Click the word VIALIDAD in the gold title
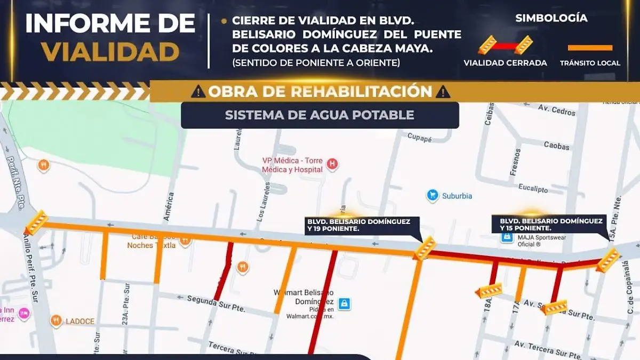pos(110,52)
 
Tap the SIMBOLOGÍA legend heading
pos(551,18)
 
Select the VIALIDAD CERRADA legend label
pos(505,63)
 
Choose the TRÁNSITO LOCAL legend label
pos(590,63)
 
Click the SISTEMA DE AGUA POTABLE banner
pos(319,115)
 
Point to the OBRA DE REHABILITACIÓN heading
pos(320,91)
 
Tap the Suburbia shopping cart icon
pos(433,196)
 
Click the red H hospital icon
pos(333,163)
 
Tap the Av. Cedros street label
pos(557,110)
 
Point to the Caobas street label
pos(556,145)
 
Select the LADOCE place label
pos(80,321)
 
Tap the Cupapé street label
pos(419,137)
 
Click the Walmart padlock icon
pos(345,303)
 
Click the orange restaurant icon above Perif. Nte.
pos(44,165)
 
